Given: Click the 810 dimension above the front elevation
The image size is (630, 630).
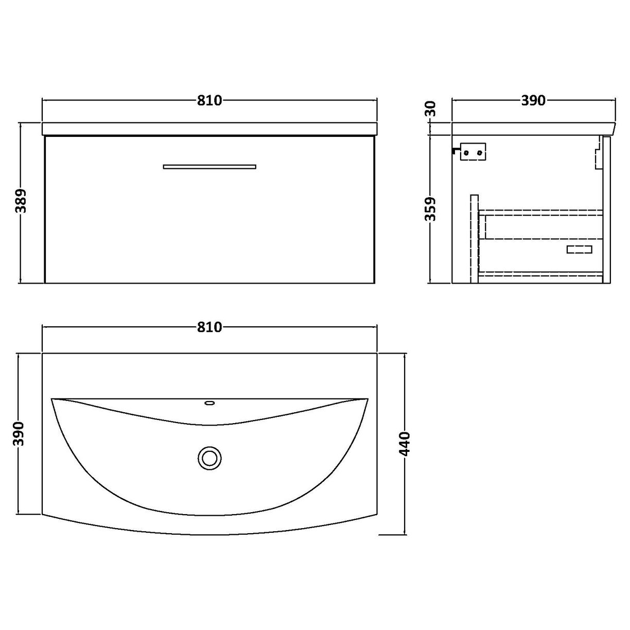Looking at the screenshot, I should click(209, 100).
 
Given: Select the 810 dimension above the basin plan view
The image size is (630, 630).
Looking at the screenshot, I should click(209, 327).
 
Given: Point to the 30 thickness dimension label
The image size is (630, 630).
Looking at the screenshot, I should click(431, 109).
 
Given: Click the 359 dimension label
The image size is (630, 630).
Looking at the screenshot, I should click(431, 208).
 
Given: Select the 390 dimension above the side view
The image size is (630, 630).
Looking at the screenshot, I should click(533, 100).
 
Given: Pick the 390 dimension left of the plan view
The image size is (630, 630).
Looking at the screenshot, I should click(20, 435).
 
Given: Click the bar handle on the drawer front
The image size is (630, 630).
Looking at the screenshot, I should click(209, 166).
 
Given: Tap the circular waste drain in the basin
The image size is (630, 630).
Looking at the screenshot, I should click(209, 457).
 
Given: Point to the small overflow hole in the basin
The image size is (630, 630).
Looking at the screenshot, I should click(209, 402).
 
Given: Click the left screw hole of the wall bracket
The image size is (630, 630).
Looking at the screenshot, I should click(466, 152).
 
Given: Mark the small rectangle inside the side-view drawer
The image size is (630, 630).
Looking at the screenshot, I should click(579, 250).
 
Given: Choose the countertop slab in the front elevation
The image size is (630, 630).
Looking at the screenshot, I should click(209, 129).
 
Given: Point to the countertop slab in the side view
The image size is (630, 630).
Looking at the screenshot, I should click(533, 129).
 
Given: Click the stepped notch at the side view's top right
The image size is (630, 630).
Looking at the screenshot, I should click(599, 149).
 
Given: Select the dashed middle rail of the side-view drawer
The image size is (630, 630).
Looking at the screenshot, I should click(540, 239).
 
